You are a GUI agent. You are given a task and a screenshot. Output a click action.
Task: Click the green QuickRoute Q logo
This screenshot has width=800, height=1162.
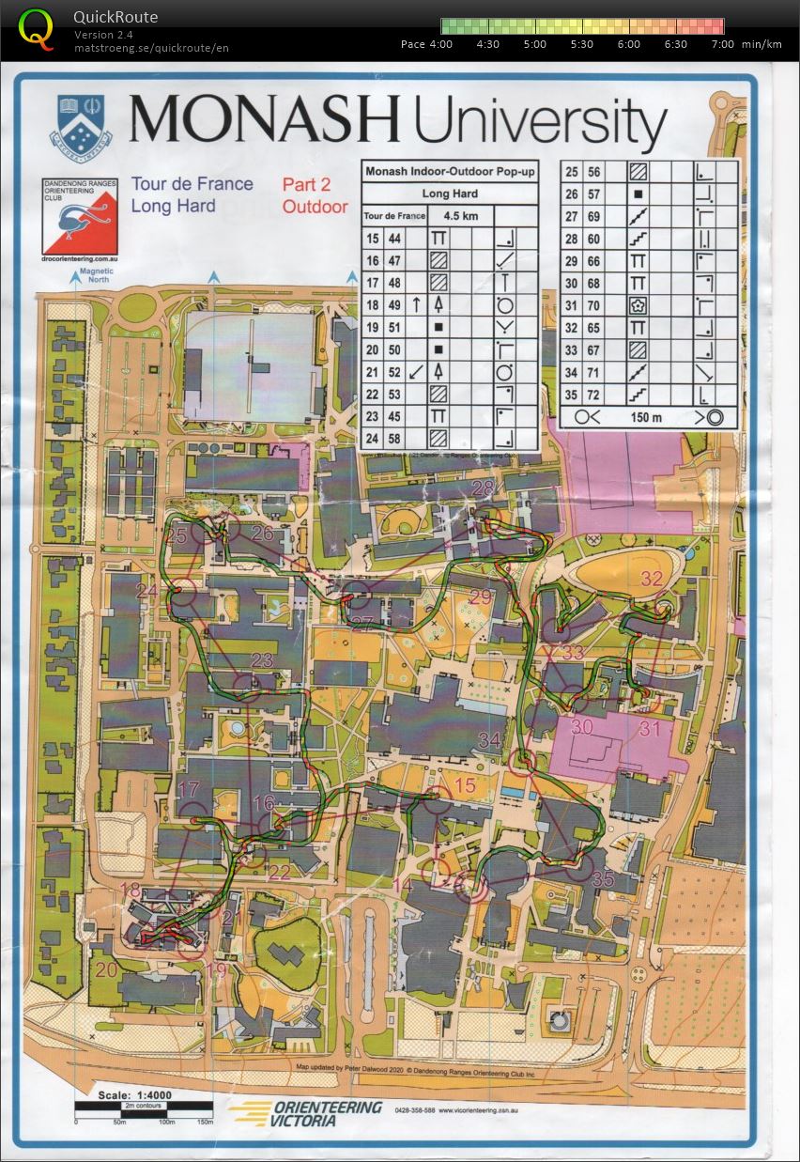tap(37, 27)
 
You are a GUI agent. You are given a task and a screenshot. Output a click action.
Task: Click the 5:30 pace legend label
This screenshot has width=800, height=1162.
tap(581, 44)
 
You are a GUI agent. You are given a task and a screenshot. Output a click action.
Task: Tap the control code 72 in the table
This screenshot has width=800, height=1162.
tap(594, 395)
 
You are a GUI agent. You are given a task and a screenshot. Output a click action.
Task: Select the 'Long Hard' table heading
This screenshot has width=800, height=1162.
tap(450, 194)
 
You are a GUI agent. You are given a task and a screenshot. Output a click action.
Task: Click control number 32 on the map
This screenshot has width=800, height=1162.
tap(652, 578)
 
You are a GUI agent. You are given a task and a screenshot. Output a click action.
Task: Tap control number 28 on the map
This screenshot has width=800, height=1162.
tap(483, 488)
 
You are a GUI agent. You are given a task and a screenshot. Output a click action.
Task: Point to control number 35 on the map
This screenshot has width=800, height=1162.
tap(604, 880)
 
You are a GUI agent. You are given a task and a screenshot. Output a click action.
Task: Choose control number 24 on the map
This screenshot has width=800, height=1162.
tap(146, 591)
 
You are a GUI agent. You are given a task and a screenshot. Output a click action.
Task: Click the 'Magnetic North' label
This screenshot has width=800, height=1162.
tap(96, 274)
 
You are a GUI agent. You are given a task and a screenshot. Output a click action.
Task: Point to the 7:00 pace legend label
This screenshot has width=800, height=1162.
tap(723, 44)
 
